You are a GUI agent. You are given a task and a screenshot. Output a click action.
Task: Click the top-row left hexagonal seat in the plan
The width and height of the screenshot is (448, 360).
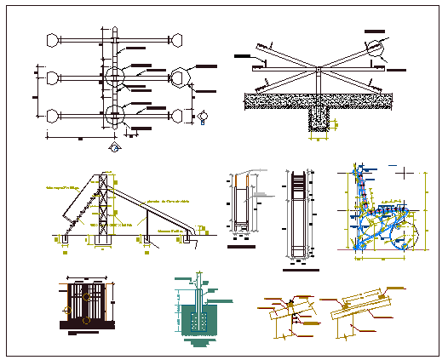click(53, 39)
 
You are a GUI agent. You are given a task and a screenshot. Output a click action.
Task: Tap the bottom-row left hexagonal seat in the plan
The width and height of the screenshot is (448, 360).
click(53, 115)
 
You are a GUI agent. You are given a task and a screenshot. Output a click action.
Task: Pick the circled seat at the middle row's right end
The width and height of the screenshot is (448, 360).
click(180, 77)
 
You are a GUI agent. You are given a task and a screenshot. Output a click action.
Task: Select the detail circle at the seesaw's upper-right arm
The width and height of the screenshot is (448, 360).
click(376, 51)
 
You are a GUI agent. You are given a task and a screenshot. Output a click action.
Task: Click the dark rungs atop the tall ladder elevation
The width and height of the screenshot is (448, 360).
click(296, 184)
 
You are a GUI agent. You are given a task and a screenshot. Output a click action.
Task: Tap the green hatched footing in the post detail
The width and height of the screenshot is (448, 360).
click(198, 320)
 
